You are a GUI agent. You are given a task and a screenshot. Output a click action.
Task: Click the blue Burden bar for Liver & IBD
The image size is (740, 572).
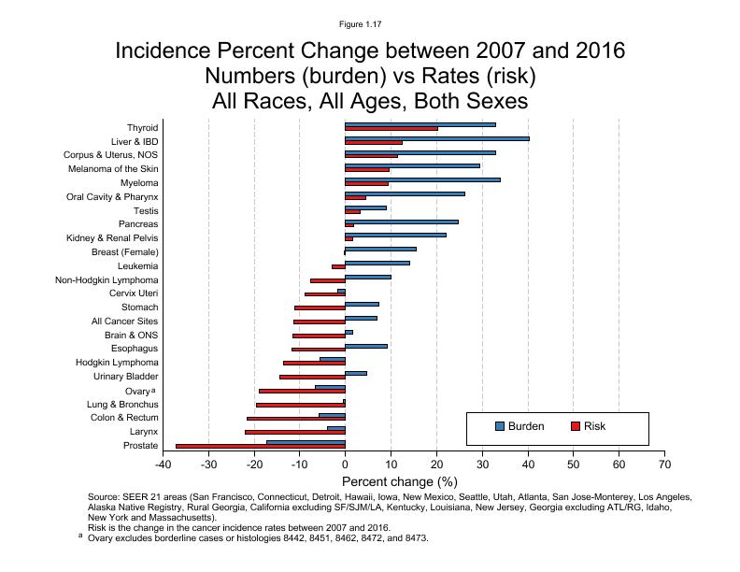point(436,138)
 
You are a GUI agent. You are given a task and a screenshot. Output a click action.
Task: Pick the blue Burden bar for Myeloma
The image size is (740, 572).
point(422,179)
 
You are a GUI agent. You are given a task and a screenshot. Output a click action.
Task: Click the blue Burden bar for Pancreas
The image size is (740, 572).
point(402,222)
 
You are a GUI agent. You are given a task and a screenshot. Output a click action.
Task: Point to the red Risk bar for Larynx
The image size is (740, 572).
point(294,433)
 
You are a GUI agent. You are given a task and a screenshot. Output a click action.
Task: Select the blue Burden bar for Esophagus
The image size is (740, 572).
point(366,346)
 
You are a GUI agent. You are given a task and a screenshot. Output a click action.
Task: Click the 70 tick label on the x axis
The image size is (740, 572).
point(663,464)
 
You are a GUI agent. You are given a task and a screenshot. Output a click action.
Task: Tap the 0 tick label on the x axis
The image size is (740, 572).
point(345,464)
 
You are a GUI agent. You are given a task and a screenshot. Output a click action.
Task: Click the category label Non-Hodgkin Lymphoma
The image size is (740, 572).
point(107,280)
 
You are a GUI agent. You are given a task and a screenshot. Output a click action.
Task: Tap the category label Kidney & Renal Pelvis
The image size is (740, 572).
point(112,238)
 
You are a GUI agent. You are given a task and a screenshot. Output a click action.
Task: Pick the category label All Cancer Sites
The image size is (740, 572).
point(124,322)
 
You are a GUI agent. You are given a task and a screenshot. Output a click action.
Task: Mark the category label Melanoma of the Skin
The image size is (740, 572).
point(113,169)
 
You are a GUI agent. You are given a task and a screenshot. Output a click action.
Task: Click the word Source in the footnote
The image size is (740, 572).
point(103,497)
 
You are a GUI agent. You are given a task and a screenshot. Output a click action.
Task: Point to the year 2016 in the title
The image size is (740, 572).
point(591,50)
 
